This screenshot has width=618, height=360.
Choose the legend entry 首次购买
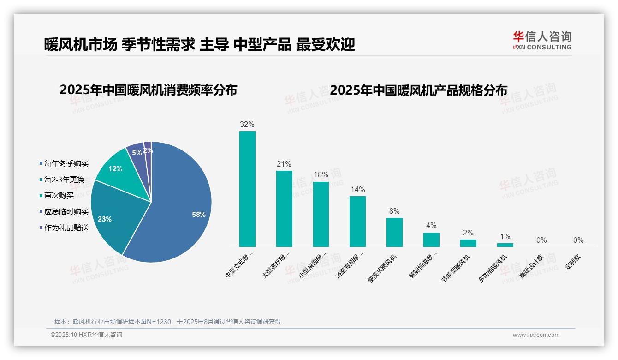coord(59,196)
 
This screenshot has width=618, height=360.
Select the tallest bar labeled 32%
coord(247,189)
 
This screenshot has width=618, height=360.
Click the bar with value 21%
coord(284,209)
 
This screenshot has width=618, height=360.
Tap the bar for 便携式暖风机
coord(394,232)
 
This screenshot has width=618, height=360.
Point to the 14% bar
coord(357,222)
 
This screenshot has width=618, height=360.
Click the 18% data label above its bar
coord(321,175)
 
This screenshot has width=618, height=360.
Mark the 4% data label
coord(431,226)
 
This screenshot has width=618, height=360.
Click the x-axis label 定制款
coord(573,262)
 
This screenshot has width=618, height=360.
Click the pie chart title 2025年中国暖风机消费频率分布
coord(148,90)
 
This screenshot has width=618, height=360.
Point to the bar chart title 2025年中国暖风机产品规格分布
coord(418,90)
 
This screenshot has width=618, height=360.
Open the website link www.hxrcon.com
coord(535,335)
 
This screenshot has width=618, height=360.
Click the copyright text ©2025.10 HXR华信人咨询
coord(86,335)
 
